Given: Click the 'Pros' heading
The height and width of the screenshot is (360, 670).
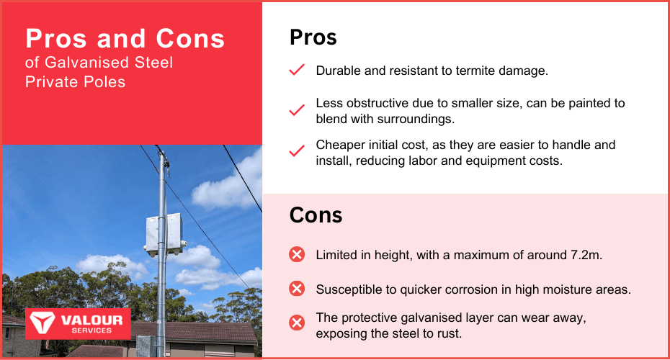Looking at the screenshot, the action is point(313,37).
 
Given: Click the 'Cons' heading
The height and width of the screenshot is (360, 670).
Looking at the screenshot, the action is point(316,215).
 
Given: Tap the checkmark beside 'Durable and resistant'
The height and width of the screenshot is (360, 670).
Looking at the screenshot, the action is point(297,70).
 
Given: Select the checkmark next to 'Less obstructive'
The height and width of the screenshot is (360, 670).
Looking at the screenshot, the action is point(297,110).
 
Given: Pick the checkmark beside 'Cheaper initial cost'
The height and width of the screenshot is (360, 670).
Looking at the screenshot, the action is point(297,150).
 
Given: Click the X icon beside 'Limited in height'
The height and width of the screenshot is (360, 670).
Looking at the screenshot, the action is point(297,254).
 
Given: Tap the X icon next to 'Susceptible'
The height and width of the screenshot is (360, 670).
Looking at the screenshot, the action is point(297,289).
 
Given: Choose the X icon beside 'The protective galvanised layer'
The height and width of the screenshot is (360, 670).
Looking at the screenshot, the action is point(297,323).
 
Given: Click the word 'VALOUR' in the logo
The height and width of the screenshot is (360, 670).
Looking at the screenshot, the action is point(91,320).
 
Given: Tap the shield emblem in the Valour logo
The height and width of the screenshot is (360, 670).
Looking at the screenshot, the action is point(42,323).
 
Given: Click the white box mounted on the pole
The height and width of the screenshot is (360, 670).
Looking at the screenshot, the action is point(165,235).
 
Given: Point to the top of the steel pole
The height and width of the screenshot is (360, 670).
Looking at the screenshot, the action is point(161,150).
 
